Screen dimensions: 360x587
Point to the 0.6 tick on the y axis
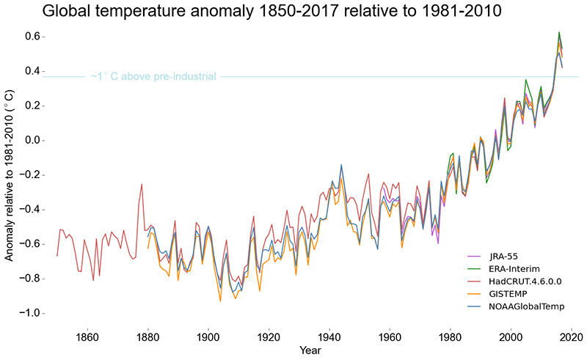coord(32,37)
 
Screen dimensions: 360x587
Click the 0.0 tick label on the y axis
coord(32,141)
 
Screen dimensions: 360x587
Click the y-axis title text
coord(10,175)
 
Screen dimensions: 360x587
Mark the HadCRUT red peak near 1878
coord(142,185)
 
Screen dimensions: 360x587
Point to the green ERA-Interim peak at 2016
coord(559,32)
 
